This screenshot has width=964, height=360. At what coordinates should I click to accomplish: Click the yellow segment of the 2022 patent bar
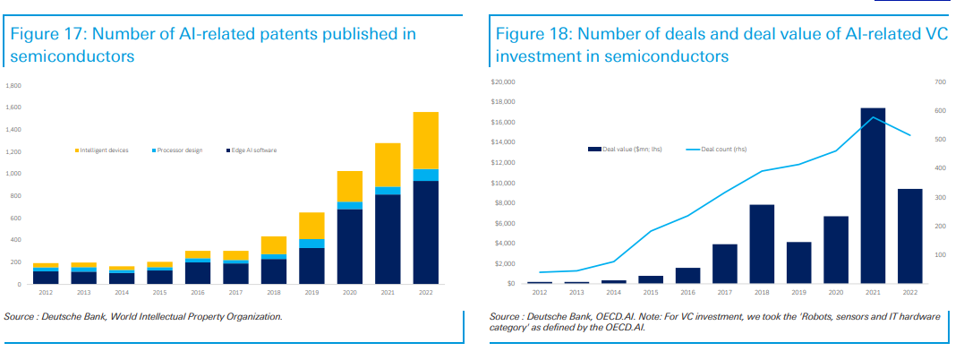pos(425,140)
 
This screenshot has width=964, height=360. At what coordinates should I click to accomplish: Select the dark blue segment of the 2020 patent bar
pos(350,246)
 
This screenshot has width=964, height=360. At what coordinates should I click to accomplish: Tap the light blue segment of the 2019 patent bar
pos(311,244)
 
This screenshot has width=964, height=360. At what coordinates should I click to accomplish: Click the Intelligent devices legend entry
pos(102,150)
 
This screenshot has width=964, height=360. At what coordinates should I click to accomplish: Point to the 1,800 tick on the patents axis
pos(13,86)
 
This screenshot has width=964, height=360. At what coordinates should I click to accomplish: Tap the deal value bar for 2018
pos(762,244)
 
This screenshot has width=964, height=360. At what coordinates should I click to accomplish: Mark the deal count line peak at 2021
pos(873,117)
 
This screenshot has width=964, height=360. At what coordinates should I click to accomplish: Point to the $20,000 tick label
pos(502,82)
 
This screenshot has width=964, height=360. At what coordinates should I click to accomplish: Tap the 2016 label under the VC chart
pos(687,293)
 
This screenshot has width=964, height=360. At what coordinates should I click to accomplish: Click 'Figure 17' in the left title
pos(45,34)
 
